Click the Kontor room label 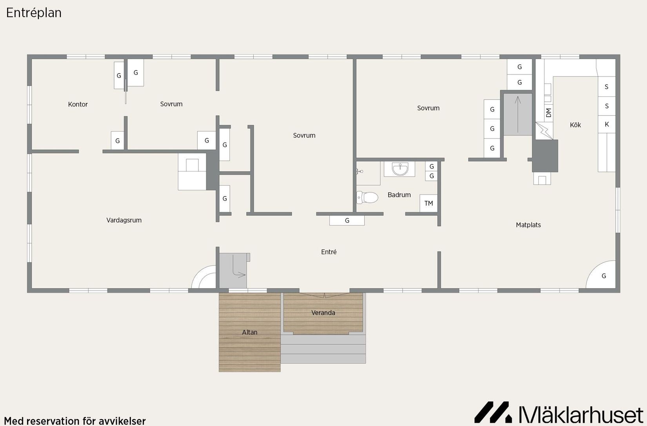coord(78,105)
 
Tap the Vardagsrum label coord(124,220)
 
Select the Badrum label coord(399,195)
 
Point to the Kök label coord(575,125)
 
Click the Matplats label coord(528,225)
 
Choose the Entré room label coord(329,252)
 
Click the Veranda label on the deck coord(323,313)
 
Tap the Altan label coord(249,332)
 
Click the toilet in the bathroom coord(367,198)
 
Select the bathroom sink coord(400,169)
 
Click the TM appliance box coord(429,203)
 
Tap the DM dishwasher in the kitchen coord(549,112)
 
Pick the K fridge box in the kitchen coord(607,124)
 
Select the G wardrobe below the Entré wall coord(347,221)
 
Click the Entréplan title coord(34,13)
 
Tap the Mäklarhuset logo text coord(581,415)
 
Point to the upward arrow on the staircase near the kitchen coord(518,114)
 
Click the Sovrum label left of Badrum coord(304,135)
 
